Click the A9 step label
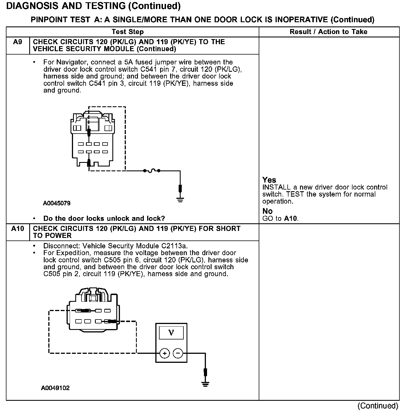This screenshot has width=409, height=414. (x=17, y=42)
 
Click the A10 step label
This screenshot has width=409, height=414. (x=17, y=229)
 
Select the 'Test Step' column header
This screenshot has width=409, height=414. (x=128, y=32)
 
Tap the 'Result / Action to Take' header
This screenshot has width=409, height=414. (x=328, y=32)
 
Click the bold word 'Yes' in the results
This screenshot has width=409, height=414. (x=269, y=180)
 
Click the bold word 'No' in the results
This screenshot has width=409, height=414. (x=267, y=211)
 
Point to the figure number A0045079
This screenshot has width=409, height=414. (x=56, y=203)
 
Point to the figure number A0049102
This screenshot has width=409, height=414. (x=55, y=388)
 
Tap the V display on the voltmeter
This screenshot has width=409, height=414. (x=171, y=333)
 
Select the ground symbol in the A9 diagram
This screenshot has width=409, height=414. (x=180, y=200)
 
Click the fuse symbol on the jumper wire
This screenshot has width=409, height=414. (x=152, y=170)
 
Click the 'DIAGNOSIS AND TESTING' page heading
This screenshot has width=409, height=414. (x=94, y=6)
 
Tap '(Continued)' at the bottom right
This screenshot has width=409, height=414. (x=378, y=406)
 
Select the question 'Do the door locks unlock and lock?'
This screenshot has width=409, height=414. (x=104, y=219)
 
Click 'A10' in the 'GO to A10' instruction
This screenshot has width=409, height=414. (x=290, y=219)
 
